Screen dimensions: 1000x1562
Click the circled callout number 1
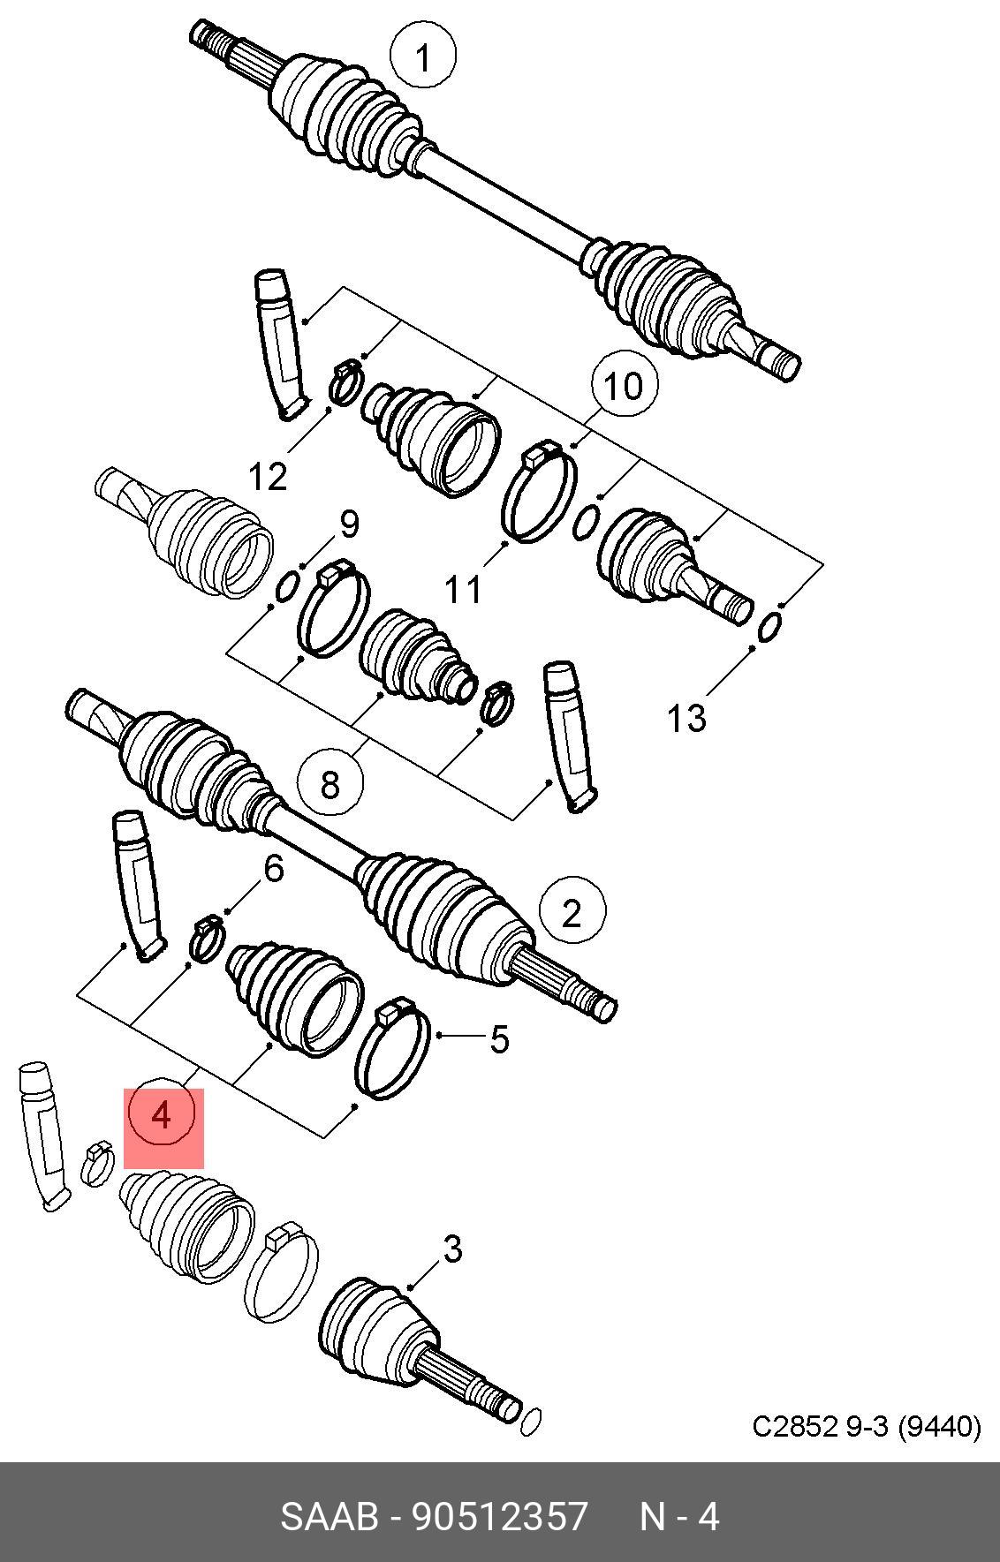click(423, 57)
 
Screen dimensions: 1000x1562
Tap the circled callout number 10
click(624, 386)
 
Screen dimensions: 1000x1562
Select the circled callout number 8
click(330, 782)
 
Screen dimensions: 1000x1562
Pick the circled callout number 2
click(572, 911)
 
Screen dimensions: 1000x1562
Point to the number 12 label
click(268, 477)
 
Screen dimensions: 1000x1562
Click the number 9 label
click(350, 524)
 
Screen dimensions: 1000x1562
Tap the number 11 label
click(463, 589)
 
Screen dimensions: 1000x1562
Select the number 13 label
click(686, 718)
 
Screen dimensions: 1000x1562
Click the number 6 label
click(274, 869)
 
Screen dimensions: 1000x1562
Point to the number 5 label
click(499, 1039)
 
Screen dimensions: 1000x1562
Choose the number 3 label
click(452, 1249)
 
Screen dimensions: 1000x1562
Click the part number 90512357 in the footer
click(500, 1517)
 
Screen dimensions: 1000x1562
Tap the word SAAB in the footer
click(330, 1517)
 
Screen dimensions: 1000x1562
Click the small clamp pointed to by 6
click(208, 939)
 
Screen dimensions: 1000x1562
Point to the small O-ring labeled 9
click(286, 586)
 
